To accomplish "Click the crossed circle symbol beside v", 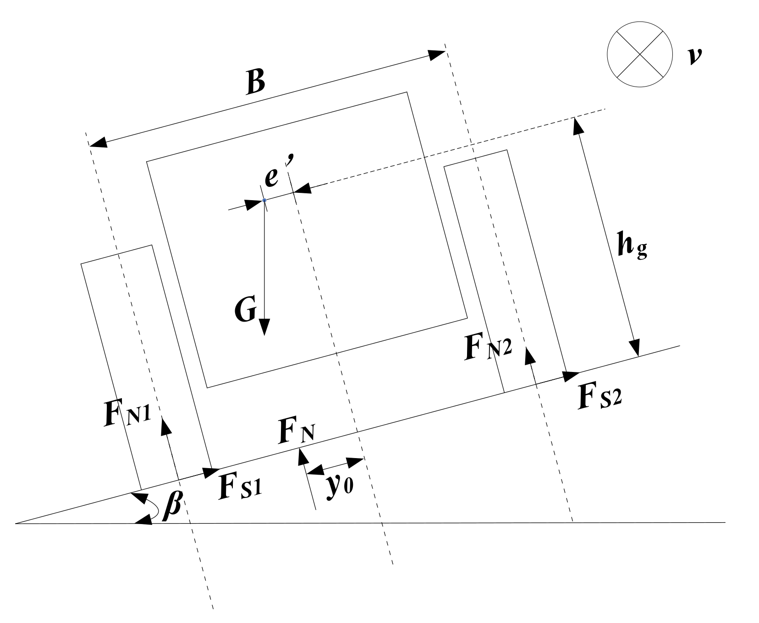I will click(639, 53).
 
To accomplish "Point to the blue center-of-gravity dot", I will click(264, 200).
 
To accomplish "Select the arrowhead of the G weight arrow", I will click(265, 327).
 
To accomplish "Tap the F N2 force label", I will click(488, 347).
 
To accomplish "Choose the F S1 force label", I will click(239, 487).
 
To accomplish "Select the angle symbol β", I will click(172, 507).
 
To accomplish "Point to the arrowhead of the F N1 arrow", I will click(165, 425).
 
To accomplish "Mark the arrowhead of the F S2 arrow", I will click(571, 376).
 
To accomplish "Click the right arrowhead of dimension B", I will click(437, 55).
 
